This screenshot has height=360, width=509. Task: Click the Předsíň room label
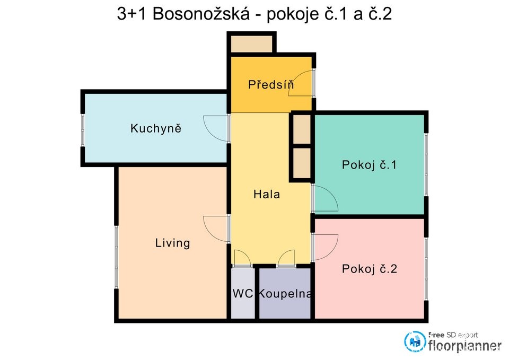point(271,84)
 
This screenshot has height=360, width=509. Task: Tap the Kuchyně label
point(156,128)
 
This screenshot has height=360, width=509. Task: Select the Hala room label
point(266,195)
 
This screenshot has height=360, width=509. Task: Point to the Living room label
point(172,243)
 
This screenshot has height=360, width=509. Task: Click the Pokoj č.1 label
point(369,165)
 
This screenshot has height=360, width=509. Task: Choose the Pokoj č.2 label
point(369,269)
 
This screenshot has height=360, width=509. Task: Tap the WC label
point(242,294)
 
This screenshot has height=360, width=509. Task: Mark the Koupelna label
point(285,294)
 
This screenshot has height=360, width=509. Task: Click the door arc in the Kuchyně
point(215,128)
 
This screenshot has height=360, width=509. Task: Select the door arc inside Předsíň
point(301,84)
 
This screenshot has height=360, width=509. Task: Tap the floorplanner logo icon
point(414,341)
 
